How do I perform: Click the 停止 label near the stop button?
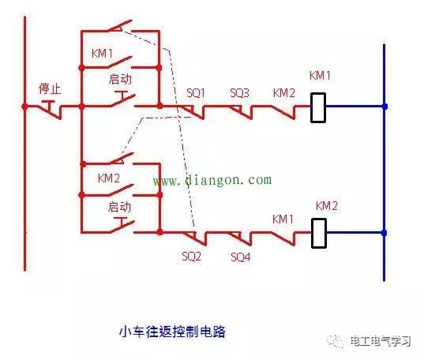tap(50, 87)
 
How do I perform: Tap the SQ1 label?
tap(196, 93)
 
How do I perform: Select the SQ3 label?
tap(239, 93)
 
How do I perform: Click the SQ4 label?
tap(241, 257)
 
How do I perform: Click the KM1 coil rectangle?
tap(318, 107)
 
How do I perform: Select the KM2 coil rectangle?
tap(318, 233)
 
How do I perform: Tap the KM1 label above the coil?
tap(319, 77)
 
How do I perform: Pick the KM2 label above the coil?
tap(326, 206)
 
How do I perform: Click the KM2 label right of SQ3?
tap(283, 93)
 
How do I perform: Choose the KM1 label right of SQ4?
tap(283, 219)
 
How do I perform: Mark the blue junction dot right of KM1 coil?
tap(385, 106)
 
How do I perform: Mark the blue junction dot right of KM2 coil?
tap(385, 233)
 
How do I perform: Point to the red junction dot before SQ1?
tap(159, 106)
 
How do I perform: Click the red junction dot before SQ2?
tap(159, 233)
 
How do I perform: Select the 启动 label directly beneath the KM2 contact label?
tap(118, 207)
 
